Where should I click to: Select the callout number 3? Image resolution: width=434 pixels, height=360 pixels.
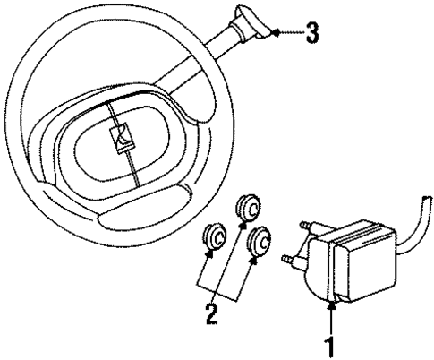(310, 34)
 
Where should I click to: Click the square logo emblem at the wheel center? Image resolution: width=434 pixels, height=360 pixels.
(120, 138)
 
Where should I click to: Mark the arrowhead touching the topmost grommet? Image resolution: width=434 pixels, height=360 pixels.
(241, 227)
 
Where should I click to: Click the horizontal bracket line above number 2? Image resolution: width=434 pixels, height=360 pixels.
(220, 296)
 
